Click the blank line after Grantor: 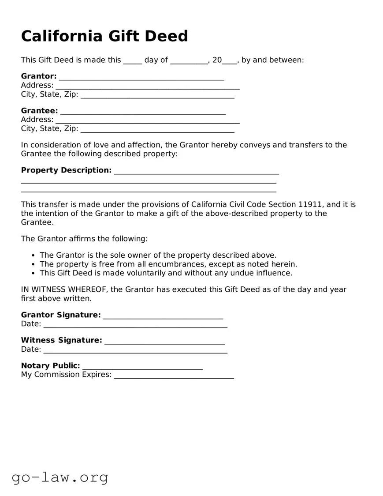[x=141, y=78]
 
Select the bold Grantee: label [x=39, y=110]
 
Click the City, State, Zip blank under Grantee [x=157, y=130]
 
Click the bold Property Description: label [x=66, y=170]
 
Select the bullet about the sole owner [x=158, y=255]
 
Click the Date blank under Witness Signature [x=135, y=351]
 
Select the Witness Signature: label [x=61, y=340]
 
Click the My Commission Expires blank [x=174, y=376]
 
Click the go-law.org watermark [x=60, y=477]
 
